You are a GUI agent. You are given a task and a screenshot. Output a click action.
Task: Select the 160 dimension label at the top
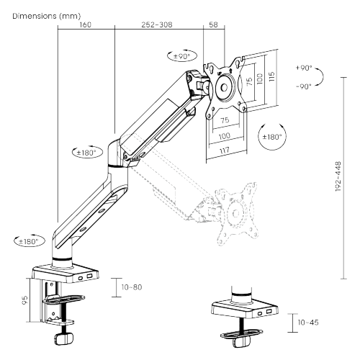coord(85,24)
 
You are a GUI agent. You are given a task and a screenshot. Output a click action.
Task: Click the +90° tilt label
coord(304,68)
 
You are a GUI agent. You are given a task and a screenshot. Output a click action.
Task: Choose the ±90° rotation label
coord(180,55)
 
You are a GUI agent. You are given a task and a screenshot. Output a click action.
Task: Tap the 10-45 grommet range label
coord(308,323)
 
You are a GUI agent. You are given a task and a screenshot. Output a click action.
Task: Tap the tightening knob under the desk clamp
coord(63,336)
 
